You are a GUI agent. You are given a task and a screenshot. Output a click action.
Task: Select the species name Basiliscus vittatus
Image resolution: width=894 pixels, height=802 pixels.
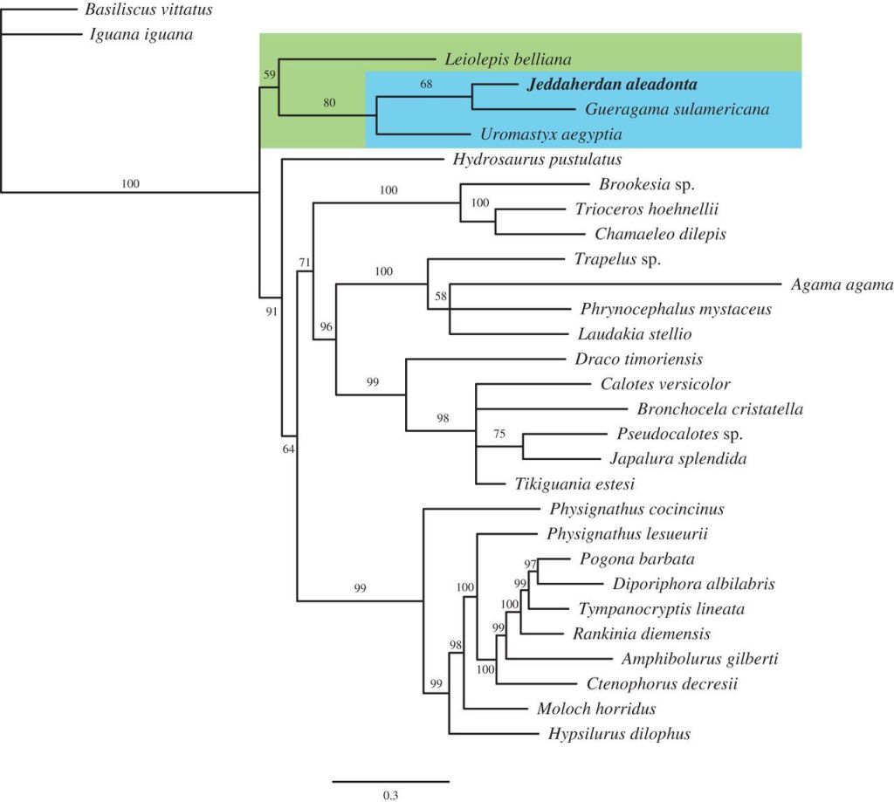pos(148,10)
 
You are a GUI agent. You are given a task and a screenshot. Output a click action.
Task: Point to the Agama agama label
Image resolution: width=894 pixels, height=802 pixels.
pos(842,284)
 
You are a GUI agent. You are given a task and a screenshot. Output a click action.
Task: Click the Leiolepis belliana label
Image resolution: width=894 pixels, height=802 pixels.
pos(507,60)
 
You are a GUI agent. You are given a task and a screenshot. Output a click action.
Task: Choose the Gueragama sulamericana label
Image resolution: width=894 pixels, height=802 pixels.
pos(672,110)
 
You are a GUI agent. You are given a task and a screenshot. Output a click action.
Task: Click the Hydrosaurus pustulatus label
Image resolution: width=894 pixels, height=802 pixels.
pos(537,160)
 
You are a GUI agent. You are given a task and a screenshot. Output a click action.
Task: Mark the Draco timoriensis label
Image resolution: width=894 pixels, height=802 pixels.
pos(639,360)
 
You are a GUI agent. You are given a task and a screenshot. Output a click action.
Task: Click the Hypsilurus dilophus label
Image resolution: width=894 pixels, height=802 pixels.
pos(620,734)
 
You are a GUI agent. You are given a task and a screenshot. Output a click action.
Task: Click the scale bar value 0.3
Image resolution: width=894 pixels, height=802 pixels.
pos(390,795)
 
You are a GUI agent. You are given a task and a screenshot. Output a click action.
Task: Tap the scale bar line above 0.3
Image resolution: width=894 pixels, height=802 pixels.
pos(390,781)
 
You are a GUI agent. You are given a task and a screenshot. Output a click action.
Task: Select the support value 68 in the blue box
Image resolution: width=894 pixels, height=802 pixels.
pos(426,85)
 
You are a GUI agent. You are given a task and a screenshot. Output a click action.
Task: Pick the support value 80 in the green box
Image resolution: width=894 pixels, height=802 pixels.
pos(328,104)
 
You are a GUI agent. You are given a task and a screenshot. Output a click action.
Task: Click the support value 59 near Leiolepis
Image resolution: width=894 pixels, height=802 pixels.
pos(270,75)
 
